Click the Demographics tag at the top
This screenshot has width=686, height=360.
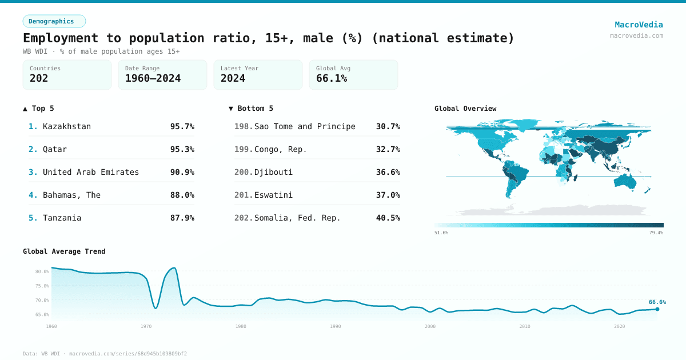pyautogui.click(x=51, y=21)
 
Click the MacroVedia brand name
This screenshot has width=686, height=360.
pyautogui.click(x=639, y=25)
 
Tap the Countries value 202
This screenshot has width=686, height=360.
pyautogui.click(x=39, y=78)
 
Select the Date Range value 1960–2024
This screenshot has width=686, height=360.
pyautogui.click(x=153, y=78)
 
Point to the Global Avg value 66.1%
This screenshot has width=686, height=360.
pyautogui.click(x=332, y=78)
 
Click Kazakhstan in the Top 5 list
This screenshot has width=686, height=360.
pyautogui.click(x=67, y=126)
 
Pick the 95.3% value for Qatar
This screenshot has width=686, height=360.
pyautogui.click(x=182, y=149)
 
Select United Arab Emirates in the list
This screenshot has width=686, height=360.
pyautogui.click(x=91, y=172)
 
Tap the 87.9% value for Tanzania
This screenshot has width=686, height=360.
pyautogui.click(x=182, y=218)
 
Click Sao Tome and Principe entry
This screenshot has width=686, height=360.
pyautogui.click(x=305, y=126)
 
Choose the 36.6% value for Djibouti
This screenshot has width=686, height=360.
pyautogui.click(x=388, y=172)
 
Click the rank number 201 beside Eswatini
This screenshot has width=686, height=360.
pyautogui.click(x=243, y=195)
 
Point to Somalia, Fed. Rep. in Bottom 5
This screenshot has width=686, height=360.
pyautogui.click(x=297, y=218)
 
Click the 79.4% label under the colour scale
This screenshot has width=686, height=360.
pyautogui.click(x=656, y=233)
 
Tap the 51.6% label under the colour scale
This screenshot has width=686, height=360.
pyautogui.click(x=441, y=233)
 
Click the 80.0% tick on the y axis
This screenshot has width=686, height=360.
pyautogui.click(x=42, y=271)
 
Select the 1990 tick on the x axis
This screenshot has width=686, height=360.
pyautogui.click(x=335, y=326)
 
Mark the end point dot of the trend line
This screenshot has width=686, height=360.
pyautogui.click(x=657, y=309)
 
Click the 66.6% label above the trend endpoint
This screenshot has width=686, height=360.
pyautogui.click(x=657, y=302)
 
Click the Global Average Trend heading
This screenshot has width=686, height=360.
pyautogui.click(x=64, y=251)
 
